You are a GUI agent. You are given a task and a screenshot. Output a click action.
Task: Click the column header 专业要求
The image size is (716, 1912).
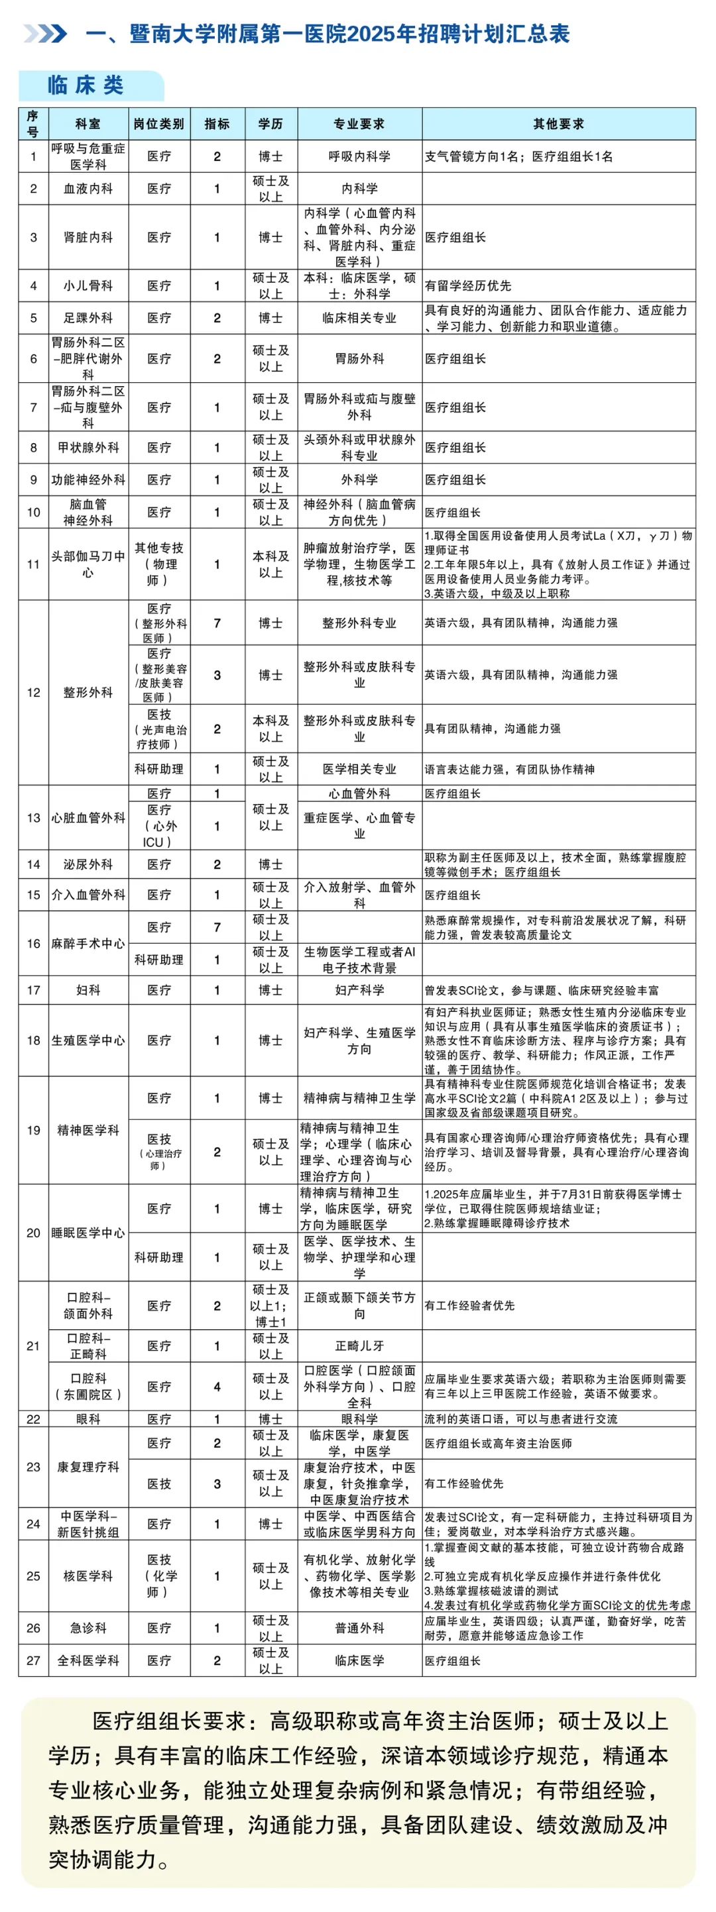click(x=359, y=124)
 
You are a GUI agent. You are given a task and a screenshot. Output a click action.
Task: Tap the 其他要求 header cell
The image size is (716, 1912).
click(x=558, y=124)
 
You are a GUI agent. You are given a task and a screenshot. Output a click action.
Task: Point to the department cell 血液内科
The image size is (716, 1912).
click(x=88, y=189)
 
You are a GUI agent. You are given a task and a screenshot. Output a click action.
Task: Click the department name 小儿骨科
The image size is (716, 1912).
click(x=88, y=285)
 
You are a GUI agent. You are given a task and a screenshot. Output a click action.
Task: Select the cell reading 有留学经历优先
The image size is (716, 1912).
click(x=468, y=285)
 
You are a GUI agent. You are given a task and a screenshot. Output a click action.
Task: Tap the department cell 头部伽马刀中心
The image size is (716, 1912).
click(x=88, y=564)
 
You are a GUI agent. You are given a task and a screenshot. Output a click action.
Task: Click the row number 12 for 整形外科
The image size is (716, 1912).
click(x=33, y=692)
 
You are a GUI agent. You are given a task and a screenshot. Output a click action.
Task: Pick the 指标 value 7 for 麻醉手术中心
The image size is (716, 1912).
click(x=217, y=927)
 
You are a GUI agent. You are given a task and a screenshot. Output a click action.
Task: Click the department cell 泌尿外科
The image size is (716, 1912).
click(x=88, y=864)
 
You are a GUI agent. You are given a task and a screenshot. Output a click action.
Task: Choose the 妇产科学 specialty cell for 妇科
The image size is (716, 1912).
click(x=359, y=990)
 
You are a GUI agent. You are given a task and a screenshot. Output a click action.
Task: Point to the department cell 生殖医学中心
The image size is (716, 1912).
click(x=88, y=1040)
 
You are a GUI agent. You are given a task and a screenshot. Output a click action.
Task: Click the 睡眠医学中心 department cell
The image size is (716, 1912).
click(x=88, y=1233)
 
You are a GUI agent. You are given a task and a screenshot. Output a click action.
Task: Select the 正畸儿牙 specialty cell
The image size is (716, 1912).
click(x=359, y=1346)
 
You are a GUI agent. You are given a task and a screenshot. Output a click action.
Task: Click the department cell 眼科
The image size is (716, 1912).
click(x=88, y=1419)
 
